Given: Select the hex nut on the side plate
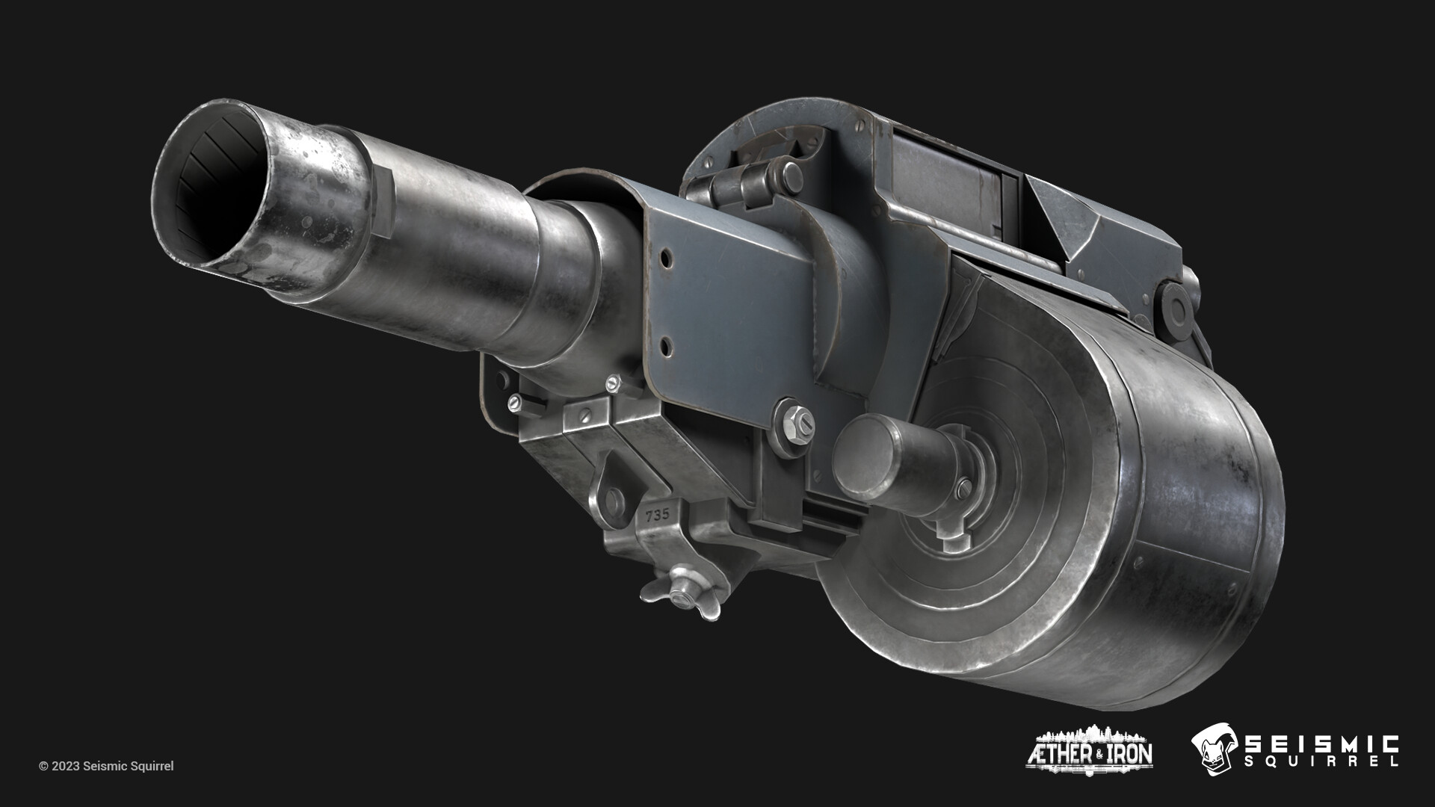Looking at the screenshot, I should pyautogui.click(x=794, y=421).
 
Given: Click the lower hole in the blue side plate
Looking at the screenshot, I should pyautogui.click(x=664, y=344).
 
